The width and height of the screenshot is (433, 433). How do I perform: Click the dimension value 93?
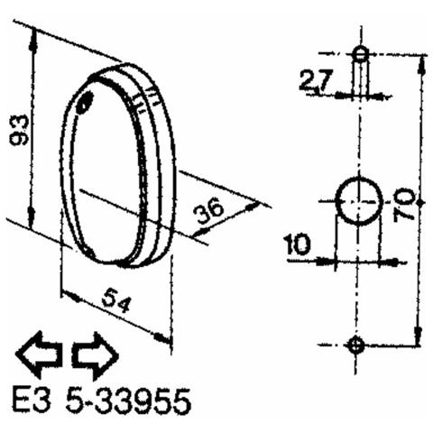[19, 130]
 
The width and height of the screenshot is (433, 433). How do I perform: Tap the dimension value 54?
[116, 299]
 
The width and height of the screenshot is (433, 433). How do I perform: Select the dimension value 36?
[208, 211]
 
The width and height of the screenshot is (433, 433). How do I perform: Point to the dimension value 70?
[404, 205]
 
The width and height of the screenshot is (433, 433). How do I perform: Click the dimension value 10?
[297, 244]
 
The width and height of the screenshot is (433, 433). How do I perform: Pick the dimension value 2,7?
[316, 80]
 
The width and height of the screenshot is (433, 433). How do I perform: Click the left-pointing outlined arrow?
[39, 355]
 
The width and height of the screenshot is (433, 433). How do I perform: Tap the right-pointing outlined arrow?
[96, 355]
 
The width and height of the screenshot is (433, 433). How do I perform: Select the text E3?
[31, 401]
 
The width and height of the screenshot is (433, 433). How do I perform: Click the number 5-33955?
[128, 401]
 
